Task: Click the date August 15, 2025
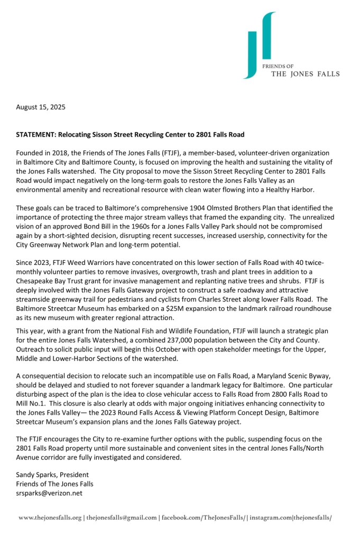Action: tap(41, 107)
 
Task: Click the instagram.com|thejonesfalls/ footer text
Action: tap(290, 518)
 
